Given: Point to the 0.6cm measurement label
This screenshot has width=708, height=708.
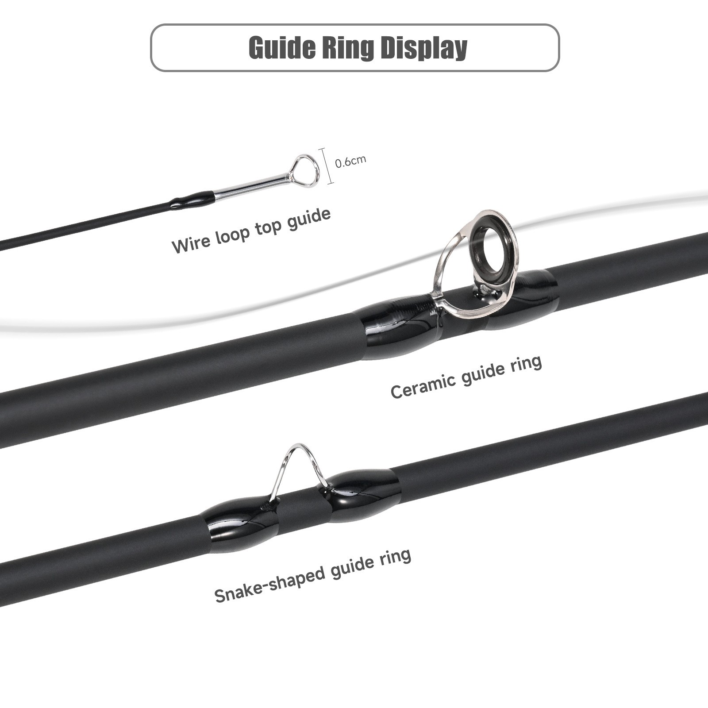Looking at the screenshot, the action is (x=350, y=161).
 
